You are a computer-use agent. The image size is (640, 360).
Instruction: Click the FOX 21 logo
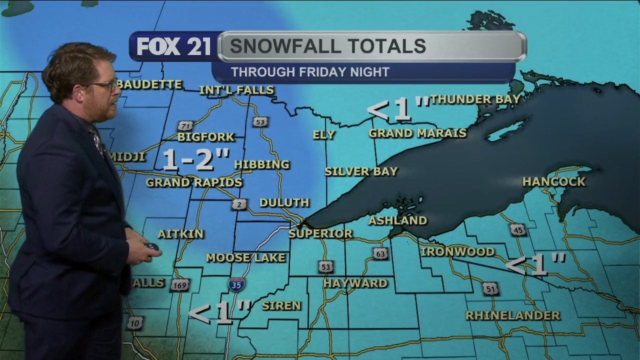pos(174,47)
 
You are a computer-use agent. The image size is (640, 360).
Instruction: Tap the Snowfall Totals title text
pos(327,46)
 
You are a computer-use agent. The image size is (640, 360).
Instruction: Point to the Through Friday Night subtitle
pos(310,72)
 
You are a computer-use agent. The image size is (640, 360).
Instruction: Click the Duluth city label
pos(284,202)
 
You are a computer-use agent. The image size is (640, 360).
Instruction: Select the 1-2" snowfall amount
pos(196,160)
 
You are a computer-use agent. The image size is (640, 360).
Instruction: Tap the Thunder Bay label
pos(475,99)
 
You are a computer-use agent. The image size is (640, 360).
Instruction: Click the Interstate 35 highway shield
pos(237,284)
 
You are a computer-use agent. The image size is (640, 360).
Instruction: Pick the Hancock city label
pos(554,182)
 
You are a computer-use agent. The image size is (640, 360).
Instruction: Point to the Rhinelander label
pos(512,316)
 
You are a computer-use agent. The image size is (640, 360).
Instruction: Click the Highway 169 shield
pos(179,286)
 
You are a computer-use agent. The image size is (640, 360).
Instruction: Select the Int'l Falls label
pos(237,90)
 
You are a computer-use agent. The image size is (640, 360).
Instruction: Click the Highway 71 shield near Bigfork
pos(184,125)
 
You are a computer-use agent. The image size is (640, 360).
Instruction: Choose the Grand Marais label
pos(417,133)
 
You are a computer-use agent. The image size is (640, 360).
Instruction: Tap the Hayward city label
pos(355,283)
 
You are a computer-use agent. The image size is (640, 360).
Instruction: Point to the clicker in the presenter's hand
pos(152,246)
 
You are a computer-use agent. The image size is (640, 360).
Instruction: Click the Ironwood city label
pos(457,252)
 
